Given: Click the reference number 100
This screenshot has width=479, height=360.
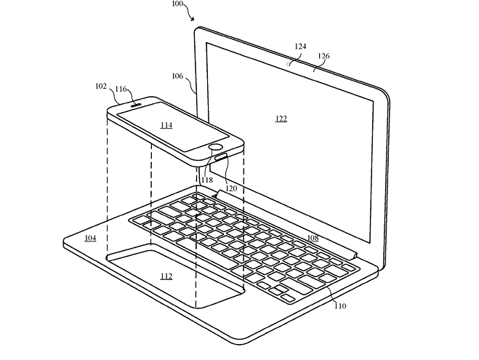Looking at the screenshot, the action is pyautogui.click(x=177, y=4).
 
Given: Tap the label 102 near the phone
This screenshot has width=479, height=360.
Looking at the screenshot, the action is pyautogui.click(x=101, y=87).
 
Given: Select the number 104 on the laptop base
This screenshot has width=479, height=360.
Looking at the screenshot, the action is pyautogui.click(x=90, y=238).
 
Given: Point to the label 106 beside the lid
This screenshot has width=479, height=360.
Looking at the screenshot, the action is pyautogui.click(x=177, y=76).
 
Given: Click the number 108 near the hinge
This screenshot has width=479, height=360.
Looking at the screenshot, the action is pyautogui.click(x=313, y=238).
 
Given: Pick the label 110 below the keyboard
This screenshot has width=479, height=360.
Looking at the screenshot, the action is pyautogui.click(x=340, y=306).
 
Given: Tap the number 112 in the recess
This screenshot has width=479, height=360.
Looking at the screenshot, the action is pyautogui.click(x=166, y=276).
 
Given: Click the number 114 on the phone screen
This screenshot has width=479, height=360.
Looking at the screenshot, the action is pyautogui.click(x=166, y=125).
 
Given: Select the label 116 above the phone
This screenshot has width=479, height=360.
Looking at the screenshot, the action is pyautogui.click(x=121, y=89).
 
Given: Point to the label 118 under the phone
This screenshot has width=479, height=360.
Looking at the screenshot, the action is pyautogui.click(x=207, y=180).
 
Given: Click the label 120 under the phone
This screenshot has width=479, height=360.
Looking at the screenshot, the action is pyautogui.click(x=231, y=188).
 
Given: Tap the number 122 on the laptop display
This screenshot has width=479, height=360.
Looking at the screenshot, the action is pyautogui.click(x=281, y=119).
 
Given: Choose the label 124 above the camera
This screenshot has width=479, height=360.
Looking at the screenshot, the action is pyautogui.click(x=300, y=47).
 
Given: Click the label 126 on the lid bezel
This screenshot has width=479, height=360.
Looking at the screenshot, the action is pyautogui.click(x=323, y=56).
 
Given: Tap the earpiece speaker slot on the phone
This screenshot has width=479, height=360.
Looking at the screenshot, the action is pyautogui.click(x=136, y=105).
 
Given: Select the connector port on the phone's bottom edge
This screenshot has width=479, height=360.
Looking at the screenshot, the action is pyautogui.click(x=221, y=157).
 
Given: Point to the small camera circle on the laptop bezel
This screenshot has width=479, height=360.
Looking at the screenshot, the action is pyautogui.click(x=288, y=64).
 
